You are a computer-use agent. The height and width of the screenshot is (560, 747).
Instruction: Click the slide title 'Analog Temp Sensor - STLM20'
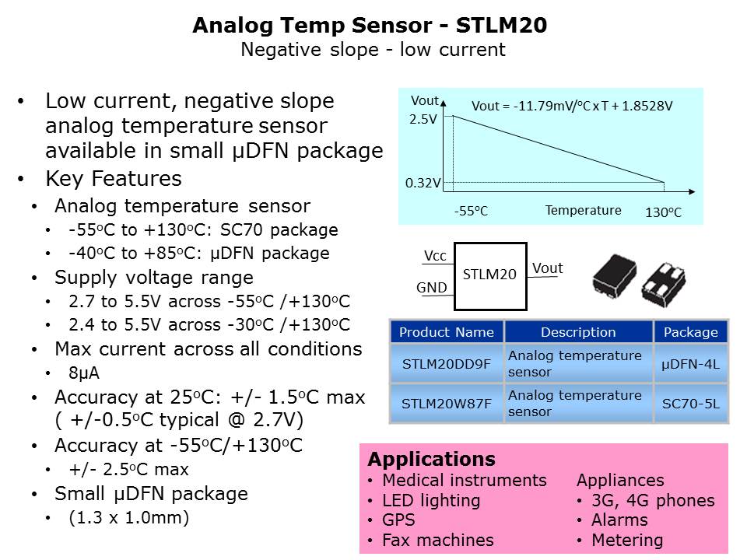click(x=370, y=26)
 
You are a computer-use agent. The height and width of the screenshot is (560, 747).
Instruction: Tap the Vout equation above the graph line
click(x=572, y=106)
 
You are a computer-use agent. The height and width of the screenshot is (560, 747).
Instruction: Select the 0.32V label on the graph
click(x=423, y=184)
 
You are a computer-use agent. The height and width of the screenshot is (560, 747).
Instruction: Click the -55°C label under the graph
click(x=471, y=211)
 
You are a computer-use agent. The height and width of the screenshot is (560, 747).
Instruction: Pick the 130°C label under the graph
click(x=663, y=212)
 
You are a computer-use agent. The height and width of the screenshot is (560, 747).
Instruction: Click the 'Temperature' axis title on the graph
click(x=583, y=210)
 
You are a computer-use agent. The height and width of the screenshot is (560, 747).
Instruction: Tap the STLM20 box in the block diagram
click(x=489, y=275)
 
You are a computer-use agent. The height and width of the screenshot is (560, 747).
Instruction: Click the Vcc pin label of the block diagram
click(x=435, y=257)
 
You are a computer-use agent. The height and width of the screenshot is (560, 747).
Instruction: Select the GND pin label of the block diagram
click(x=432, y=288)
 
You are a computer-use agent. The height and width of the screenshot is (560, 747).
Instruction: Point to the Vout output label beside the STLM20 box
click(x=547, y=268)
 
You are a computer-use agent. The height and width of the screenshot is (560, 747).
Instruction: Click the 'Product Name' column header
click(x=446, y=332)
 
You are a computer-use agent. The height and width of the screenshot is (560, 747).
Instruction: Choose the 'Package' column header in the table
click(x=690, y=332)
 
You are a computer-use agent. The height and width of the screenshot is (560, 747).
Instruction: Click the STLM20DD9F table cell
click(x=446, y=363)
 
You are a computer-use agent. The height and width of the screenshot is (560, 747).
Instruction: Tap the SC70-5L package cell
click(x=690, y=404)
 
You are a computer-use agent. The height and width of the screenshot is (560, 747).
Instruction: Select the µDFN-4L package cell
click(x=690, y=363)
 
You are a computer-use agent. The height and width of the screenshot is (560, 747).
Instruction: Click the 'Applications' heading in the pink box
click(x=431, y=458)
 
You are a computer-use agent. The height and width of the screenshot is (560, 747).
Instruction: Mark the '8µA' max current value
click(x=84, y=373)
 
